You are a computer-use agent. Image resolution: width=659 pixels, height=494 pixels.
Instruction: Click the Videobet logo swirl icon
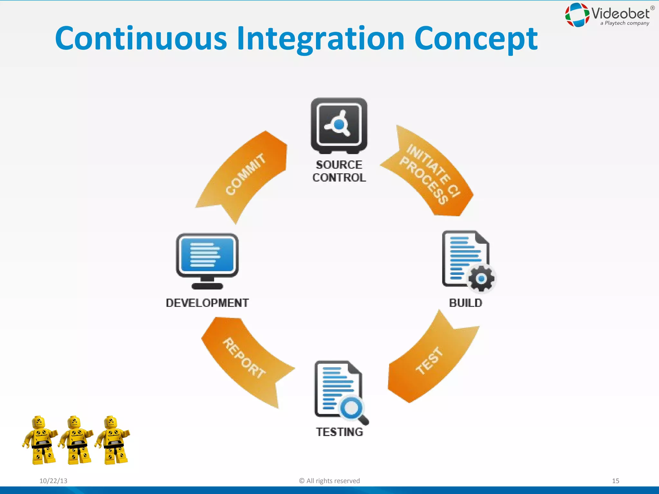pos(577,15)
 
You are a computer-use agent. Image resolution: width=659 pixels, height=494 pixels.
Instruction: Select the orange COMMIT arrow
pos(245,175)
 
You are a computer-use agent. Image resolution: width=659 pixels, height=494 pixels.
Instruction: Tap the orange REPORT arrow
pos(245,359)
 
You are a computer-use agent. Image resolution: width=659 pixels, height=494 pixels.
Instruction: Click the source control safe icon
pos(339,125)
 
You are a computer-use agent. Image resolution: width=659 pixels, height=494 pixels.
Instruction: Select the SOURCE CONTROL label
pos(339,171)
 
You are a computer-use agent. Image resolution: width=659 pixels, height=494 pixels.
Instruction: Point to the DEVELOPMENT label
pos(207,303)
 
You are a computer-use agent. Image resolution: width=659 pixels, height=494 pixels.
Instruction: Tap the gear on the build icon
pos(481,279)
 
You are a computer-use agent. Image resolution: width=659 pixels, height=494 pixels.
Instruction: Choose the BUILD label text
pos(465,303)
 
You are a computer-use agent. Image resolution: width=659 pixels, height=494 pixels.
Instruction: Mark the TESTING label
pos(339,432)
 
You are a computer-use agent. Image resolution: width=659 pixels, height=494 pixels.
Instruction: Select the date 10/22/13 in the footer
pos(53,481)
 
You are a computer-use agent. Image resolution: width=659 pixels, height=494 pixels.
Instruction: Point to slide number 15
pos(615,481)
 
